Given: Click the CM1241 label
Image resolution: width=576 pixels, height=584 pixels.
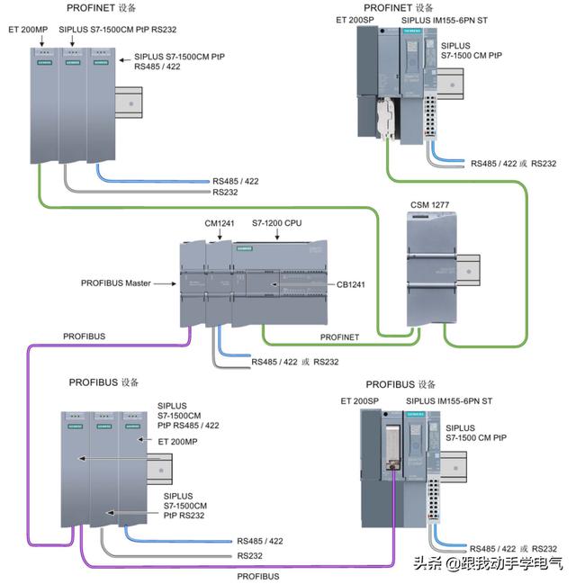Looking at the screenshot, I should point(220,222).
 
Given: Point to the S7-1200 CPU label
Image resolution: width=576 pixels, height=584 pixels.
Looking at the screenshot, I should point(277,222).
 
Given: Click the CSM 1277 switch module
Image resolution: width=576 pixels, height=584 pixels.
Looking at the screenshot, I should point(436,274).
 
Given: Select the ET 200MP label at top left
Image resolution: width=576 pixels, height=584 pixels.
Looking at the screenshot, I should point(28,29).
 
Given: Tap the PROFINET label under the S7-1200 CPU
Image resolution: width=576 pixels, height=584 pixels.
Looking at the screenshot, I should point(339,337).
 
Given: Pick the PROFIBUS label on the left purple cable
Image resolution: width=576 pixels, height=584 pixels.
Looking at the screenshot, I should point(84,337).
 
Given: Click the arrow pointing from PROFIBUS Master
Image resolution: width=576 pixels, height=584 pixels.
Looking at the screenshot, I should point(164,284).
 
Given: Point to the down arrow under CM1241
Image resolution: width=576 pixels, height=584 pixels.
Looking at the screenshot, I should point(220,236).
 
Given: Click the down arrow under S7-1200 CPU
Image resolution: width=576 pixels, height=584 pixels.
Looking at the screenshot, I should point(277,236).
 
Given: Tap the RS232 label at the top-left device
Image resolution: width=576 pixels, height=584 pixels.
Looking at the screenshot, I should point(226,193).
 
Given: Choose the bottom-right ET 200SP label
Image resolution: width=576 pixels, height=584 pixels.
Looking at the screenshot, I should point(359,400).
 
